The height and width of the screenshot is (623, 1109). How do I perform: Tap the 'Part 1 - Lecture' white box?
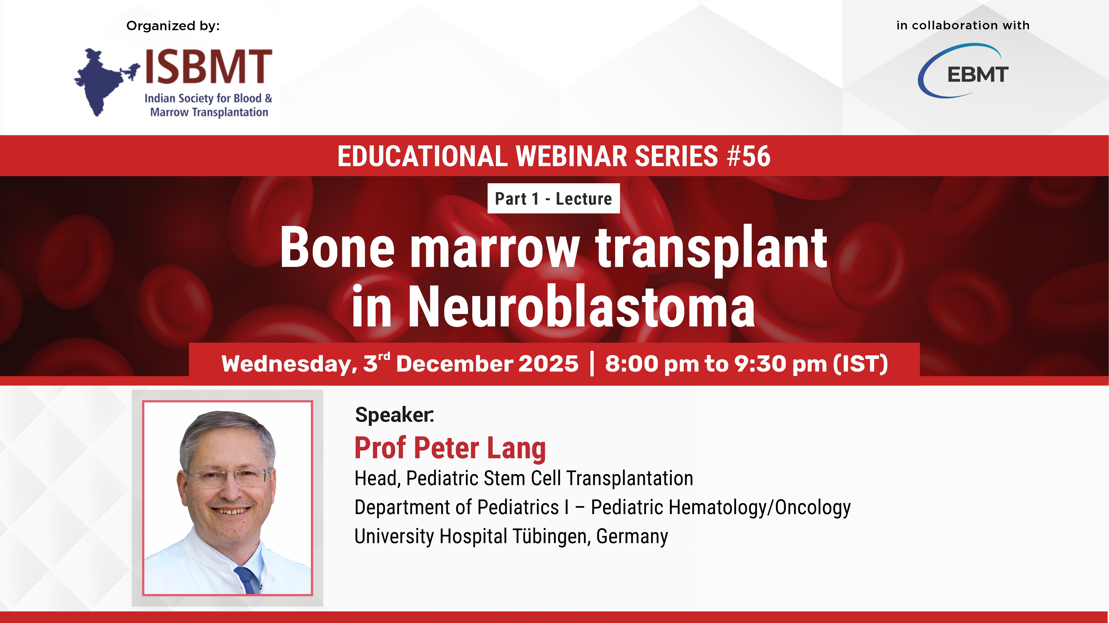coord(554,199)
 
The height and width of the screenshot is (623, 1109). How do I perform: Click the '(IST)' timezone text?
coord(861,364)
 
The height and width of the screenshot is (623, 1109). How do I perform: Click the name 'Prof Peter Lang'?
coord(450,448)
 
